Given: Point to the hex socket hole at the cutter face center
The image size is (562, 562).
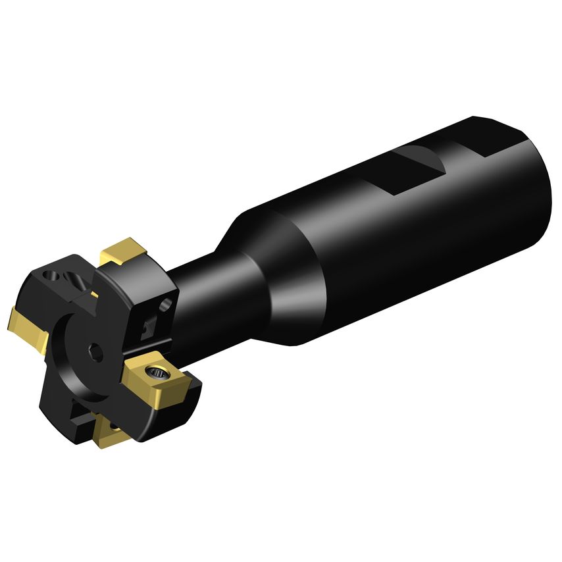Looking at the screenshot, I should click(97, 351).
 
